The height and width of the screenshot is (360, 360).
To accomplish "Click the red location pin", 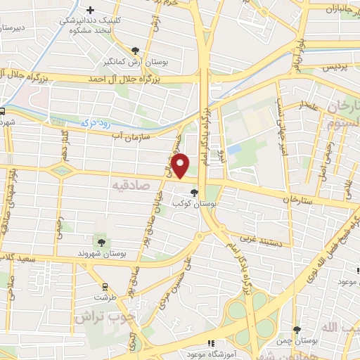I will [181, 165].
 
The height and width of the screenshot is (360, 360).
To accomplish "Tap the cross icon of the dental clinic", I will [91, 10].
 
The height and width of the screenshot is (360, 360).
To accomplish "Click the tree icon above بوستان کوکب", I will [194, 192].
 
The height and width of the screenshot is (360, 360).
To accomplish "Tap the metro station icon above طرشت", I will [105, 286].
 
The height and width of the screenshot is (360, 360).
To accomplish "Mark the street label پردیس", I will [336, 68].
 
